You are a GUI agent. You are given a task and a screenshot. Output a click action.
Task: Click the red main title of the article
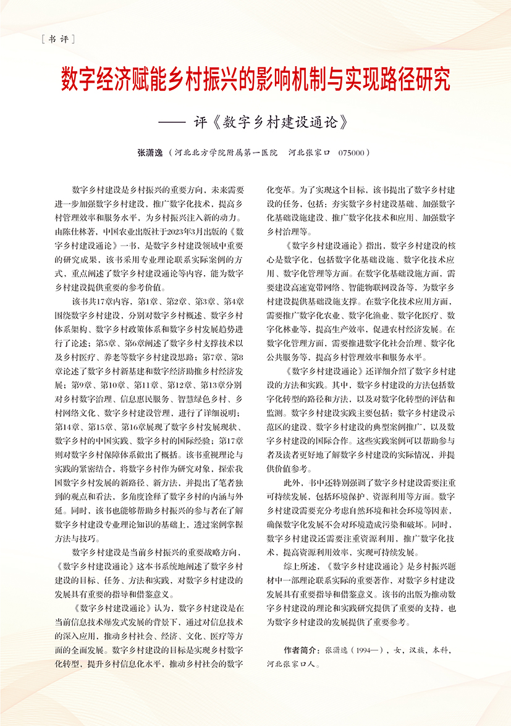click(x=255, y=79)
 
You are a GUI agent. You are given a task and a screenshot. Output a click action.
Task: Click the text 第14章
click(x=67, y=425)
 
